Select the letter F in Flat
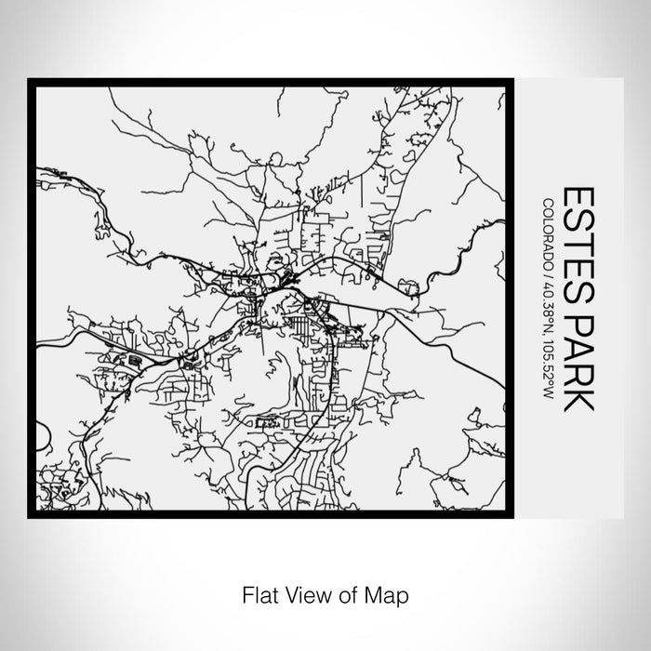tap(245, 592)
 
